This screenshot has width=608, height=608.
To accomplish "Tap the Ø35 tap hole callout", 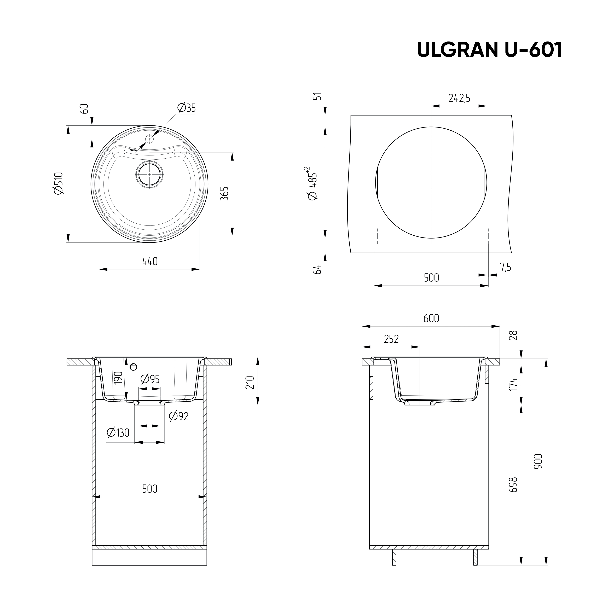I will click(x=186, y=108).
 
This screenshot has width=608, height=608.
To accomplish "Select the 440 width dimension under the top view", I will click(x=150, y=261).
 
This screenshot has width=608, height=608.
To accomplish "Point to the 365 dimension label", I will click(x=224, y=194).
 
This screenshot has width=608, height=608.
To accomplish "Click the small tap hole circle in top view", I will click(x=149, y=139).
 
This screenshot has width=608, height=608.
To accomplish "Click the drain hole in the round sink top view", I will click(x=149, y=174).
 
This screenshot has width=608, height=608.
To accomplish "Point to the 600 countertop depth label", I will click(x=431, y=319).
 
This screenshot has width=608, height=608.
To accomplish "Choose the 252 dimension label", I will click(x=391, y=339).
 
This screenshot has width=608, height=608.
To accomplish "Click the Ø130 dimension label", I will click(x=118, y=433).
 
